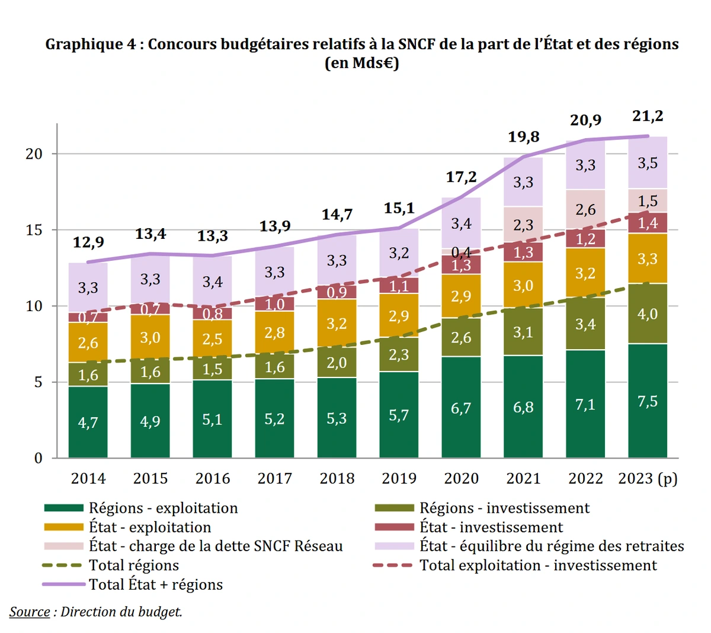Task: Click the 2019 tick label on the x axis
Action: point(399,478)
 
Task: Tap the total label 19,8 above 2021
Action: point(524,137)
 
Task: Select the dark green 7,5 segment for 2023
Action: point(648,401)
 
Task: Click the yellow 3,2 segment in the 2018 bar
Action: point(337,323)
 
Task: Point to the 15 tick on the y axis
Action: point(34,230)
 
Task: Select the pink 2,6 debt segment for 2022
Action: point(585,209)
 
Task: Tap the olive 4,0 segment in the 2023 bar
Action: point(648,314)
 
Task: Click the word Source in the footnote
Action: point(30,612)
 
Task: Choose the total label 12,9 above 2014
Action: point(88,242)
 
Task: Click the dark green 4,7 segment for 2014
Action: point(88,423)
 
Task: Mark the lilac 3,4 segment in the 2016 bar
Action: point(212,282)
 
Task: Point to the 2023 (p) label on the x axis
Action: point(648,478)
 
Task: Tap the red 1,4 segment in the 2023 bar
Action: point(648,223)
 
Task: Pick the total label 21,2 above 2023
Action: point(648,116)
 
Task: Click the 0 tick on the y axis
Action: point(39,458)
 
